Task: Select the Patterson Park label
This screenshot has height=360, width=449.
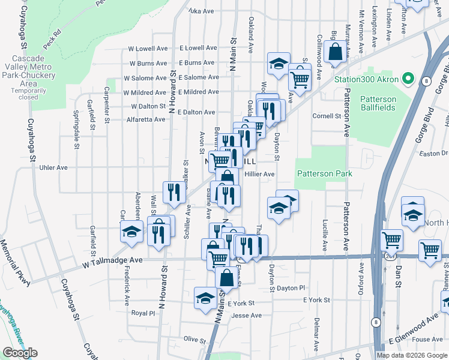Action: click(x=324, y=173)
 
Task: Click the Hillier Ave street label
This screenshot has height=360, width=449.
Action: click(x=260, y=174)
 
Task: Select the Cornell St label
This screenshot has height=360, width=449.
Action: click(x=327, y=116)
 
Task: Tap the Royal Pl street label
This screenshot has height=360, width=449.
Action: click(x=143, y=313)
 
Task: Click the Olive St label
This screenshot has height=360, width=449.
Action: click(x=194, y=339)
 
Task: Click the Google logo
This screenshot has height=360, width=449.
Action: click(x=20, y=353)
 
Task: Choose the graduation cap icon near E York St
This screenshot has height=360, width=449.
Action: click(x=205, y=298)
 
